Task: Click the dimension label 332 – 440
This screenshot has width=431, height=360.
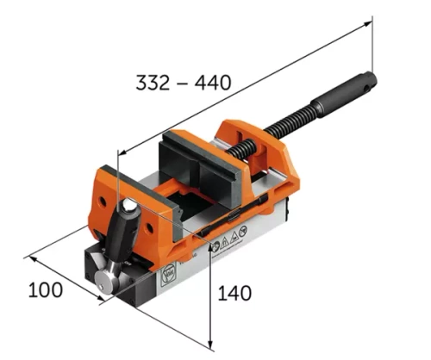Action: tap(183, 83)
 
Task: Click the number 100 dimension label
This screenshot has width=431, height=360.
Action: tap(45, 289)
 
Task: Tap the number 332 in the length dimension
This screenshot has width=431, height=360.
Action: tap(153, 83)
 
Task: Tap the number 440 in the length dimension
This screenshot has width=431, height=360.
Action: tap(213, 83)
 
